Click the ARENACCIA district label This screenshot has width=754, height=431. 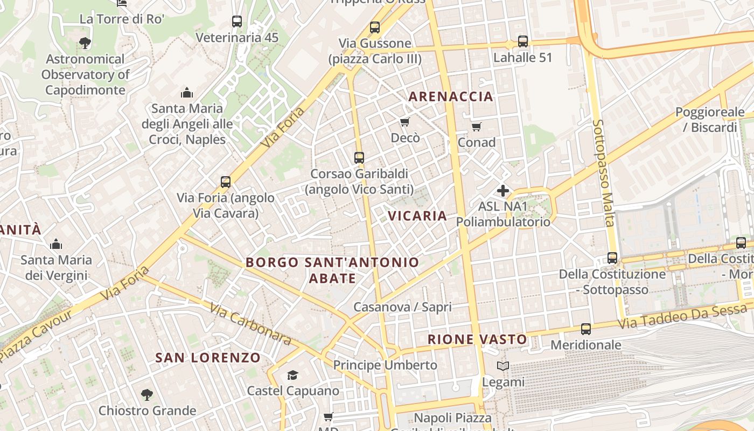pyautogui.click(x=451, y=96)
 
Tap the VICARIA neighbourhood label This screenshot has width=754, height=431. pyautogui.click(x=417, y=216)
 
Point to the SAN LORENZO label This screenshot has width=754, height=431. pyautogui.click(x=208, y=358)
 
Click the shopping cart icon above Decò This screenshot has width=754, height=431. pyautogui.click(x=405, y=122)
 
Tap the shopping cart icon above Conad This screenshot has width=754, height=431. pyautogui.click(x=476, y=127)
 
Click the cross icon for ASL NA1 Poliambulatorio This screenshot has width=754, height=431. pyautogui.click(x=503, y=191)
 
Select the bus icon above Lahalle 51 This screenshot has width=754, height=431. pyautogui.click(x=522, y=41)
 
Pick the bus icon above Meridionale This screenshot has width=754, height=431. pyautogui.click(x=586, y=329)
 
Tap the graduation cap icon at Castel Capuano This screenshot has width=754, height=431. pyautogui.click(x=292, y=375)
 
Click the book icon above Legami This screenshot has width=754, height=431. pyautogui.click(x=503, y=366)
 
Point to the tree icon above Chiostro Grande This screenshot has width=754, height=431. pyautogui.click(x=146, y=395)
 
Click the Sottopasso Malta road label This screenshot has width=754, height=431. pyautogui.click(x=603, y=173)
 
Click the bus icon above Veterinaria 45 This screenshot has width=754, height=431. pyautogui.click(x=237, y=22)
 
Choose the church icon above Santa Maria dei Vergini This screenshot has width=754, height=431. pyautogui.click(x=56, y=244)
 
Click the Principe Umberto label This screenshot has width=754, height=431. pyautogui.click(x=385, y=365)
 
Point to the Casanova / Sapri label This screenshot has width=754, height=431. pyautogui.click(x=402, y=307)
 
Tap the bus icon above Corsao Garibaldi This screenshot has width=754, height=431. pyautogui.click(x=359, y=158)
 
